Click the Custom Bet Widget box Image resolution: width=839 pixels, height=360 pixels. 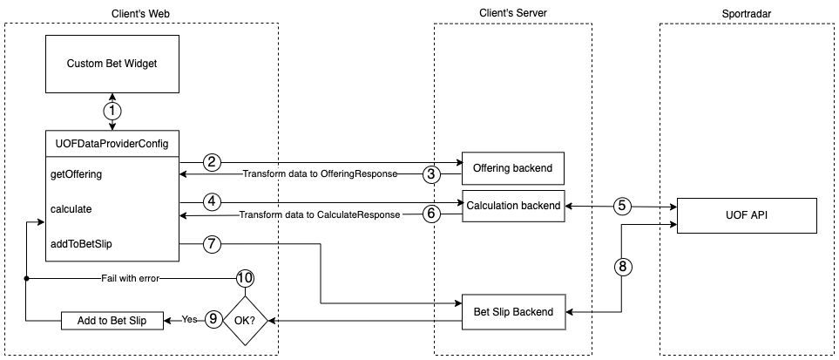coord(111,64)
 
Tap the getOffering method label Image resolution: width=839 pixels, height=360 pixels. coord(77,174)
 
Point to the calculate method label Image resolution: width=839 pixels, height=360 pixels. coord(71,209)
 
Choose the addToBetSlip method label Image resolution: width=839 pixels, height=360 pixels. coord(82,244)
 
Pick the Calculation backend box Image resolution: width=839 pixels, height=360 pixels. coord(513,205)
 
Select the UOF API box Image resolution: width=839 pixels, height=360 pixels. coord(747,215)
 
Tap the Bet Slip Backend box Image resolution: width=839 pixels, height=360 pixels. coord(511,311)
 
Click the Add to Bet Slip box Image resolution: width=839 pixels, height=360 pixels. coord(111,320)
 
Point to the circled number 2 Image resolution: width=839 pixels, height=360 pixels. coord(211,162)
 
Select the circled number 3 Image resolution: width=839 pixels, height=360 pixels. coord(430,174)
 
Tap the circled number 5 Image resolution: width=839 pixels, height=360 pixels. coord(621,207)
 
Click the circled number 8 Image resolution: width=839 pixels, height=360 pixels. coord(621,267)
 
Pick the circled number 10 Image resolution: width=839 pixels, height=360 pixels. coord(245,278)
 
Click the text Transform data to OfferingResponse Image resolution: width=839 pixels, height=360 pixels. coord(319,174)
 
